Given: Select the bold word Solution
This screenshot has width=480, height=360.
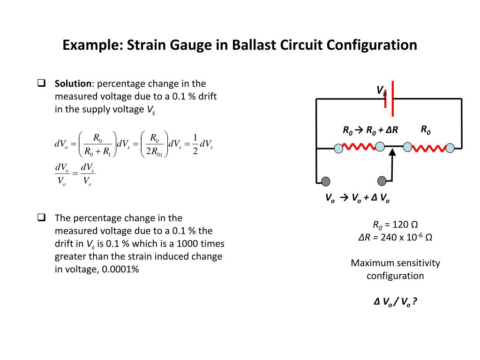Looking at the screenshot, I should [73, 84].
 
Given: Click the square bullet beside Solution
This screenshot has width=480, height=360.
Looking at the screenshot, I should [41, 84].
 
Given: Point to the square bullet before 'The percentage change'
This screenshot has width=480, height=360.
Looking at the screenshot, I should [41, 217].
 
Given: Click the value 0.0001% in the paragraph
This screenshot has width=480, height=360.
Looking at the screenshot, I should [120, 270].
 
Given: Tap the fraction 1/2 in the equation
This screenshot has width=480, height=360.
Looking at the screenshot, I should [195, 144].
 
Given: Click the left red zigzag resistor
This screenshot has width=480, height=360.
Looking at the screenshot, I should [359, 148].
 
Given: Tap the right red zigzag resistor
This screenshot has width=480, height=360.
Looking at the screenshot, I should [428, 148].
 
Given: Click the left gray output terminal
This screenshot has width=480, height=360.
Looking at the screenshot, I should [325, 181].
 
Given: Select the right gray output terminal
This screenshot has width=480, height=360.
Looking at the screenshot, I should [382, 180].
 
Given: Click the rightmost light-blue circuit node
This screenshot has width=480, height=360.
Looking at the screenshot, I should [450, 148].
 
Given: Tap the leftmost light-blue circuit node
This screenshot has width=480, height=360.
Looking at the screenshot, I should [338, 148].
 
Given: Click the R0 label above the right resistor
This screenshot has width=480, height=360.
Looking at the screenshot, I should [425, 130].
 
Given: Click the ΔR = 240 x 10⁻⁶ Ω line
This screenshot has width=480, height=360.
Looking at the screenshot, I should [395, 237].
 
